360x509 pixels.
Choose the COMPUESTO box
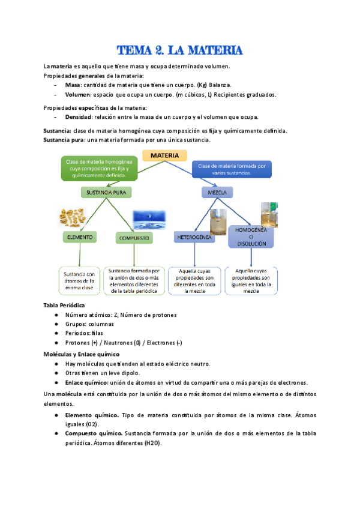(133, 238)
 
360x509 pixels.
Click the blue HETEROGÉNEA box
(194, 238)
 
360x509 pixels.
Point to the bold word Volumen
(79, 95)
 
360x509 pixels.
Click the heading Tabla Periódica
(64, 305)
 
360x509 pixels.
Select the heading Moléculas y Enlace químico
(82, 354)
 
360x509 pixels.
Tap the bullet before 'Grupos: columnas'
(55, 324)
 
